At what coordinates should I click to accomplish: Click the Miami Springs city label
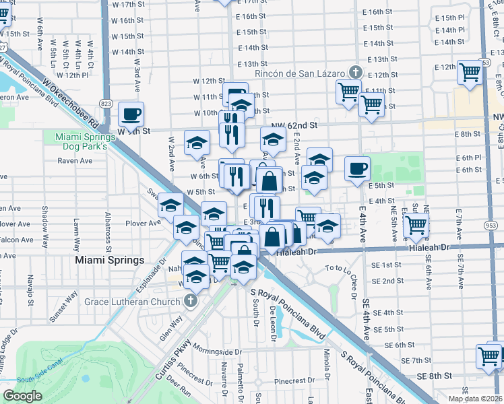coord(110,260)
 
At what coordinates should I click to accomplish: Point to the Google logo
coord(22,396)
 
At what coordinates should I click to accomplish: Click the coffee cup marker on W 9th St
coord(131,114)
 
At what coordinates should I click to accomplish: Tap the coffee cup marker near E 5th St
coord(357,168)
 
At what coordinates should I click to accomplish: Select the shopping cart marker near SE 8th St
coord(489,356)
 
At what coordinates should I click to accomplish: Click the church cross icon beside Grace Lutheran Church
coord(191,300)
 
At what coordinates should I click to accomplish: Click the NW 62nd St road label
coord(294,125)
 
